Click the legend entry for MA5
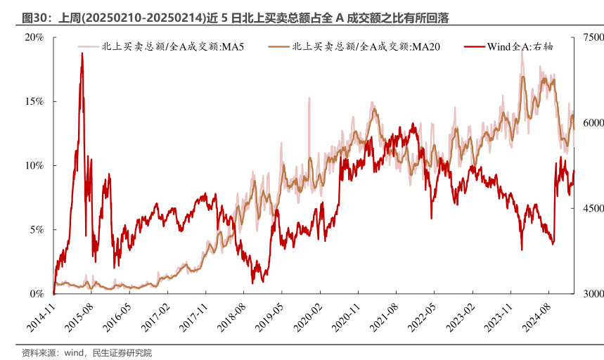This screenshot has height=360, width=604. [x=169, y=47]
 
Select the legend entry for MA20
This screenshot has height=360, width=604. [x=362, y=47]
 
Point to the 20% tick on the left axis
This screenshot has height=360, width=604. [x=34, y=37]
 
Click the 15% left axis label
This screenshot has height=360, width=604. [x=34, y=101]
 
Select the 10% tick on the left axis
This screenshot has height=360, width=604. [x=34, y=165]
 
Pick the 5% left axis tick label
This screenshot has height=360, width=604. [x=37, y=229]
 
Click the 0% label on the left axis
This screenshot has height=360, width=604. [x=37, y=293]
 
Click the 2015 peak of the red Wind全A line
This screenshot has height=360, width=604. [x=82, y=53]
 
